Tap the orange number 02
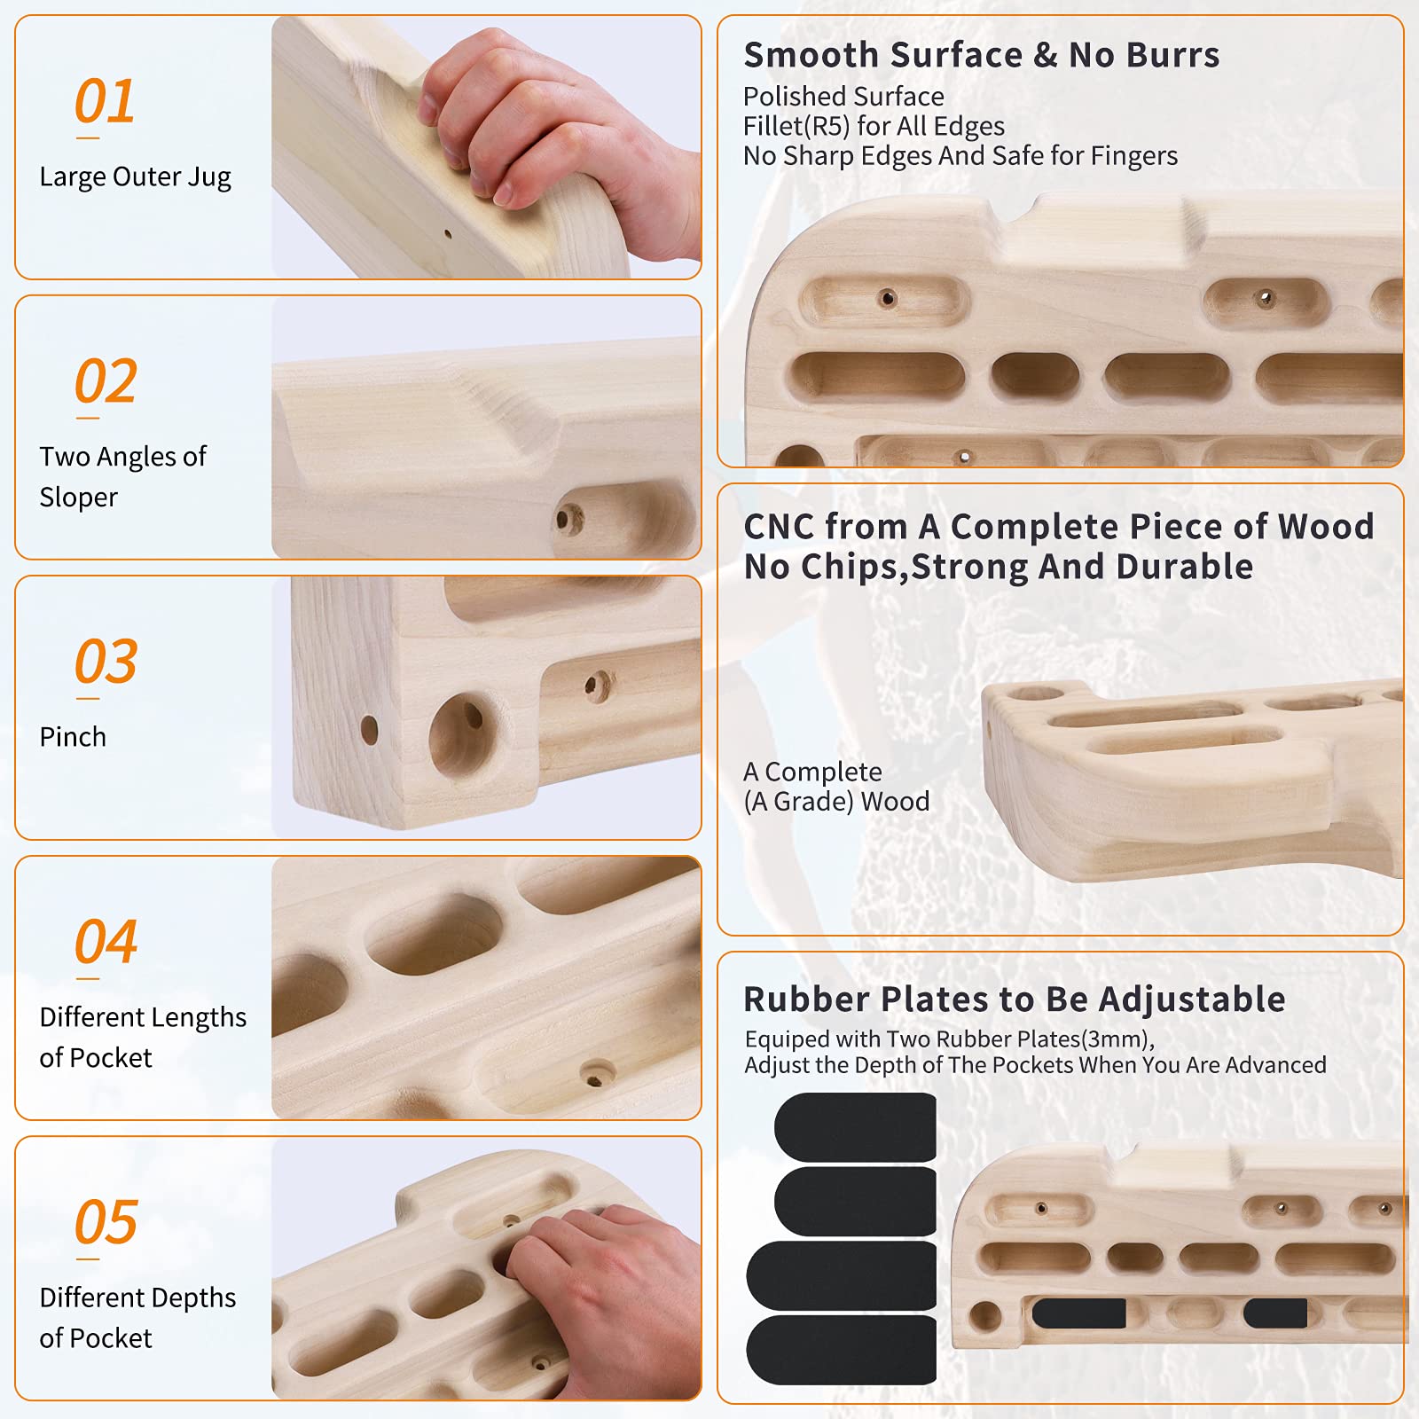(106, 381)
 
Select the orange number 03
(106, 662)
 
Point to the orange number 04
(106, 941)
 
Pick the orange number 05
(106, 1222)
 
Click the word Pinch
(73, 737)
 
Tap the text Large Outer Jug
(135, 177)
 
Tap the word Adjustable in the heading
(1192, 1000)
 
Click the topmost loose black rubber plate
(856, 1126)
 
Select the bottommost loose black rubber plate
(842, 1350)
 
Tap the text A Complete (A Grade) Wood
(836, 787)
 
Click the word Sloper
(78, 498)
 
